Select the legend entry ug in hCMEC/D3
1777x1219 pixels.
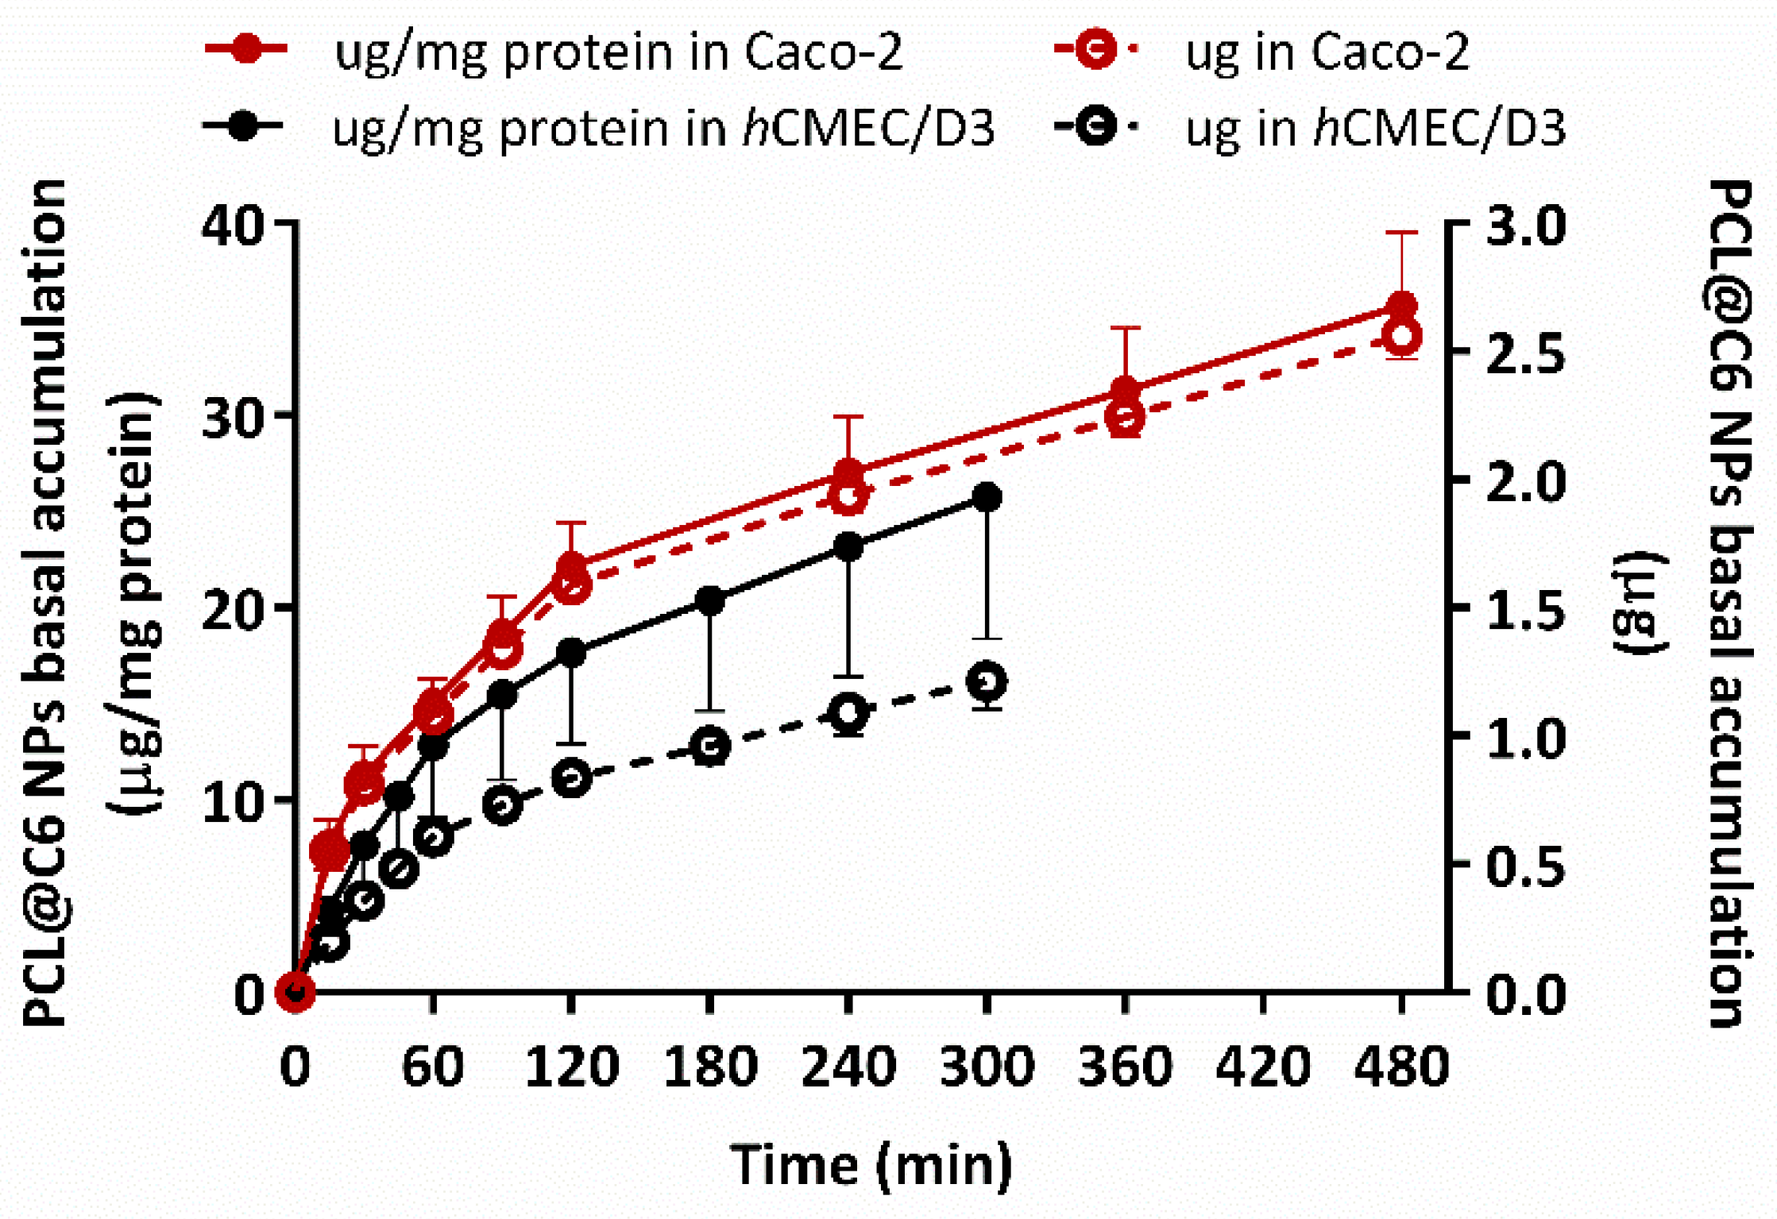(x=1374, y=127)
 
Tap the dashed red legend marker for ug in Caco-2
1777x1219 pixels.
(x=1095, y=49)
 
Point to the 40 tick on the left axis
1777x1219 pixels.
(x=231, y=225)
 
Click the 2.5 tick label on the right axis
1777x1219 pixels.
(x=1526, y=353)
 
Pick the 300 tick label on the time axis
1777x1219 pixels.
(x=987, y=1067)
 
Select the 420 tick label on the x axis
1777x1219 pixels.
(x=1263, y=1067)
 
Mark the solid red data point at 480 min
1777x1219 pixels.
(x=1402, y=307)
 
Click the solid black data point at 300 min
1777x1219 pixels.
(x=987, y=498)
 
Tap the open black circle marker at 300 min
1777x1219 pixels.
(x=987, y=681)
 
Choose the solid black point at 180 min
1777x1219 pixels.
(x=710, y=601)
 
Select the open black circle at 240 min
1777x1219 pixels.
(x=848, y=712)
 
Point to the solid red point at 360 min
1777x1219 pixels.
(x=1125, y=391)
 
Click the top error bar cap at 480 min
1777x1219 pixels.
(x=1402, y=233)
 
